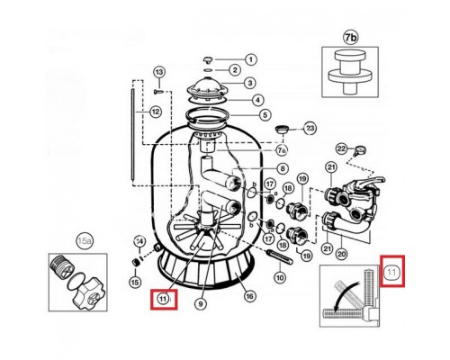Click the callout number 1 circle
(251, 59)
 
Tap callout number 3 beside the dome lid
(250, 83)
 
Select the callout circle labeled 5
(265, 114)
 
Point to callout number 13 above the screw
(159, 72)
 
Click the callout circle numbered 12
(156, 112)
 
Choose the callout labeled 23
(310, 129)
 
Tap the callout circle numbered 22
(342, 148)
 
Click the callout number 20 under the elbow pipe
(342, 255)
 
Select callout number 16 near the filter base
(249, 297)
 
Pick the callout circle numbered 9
(201, 304)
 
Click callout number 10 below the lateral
(280, 278)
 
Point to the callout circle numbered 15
(135, 282)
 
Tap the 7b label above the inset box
(350, 38)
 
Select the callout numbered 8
(283, 169)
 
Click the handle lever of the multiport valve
(372, 181)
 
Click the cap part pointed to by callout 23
(282, 130)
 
